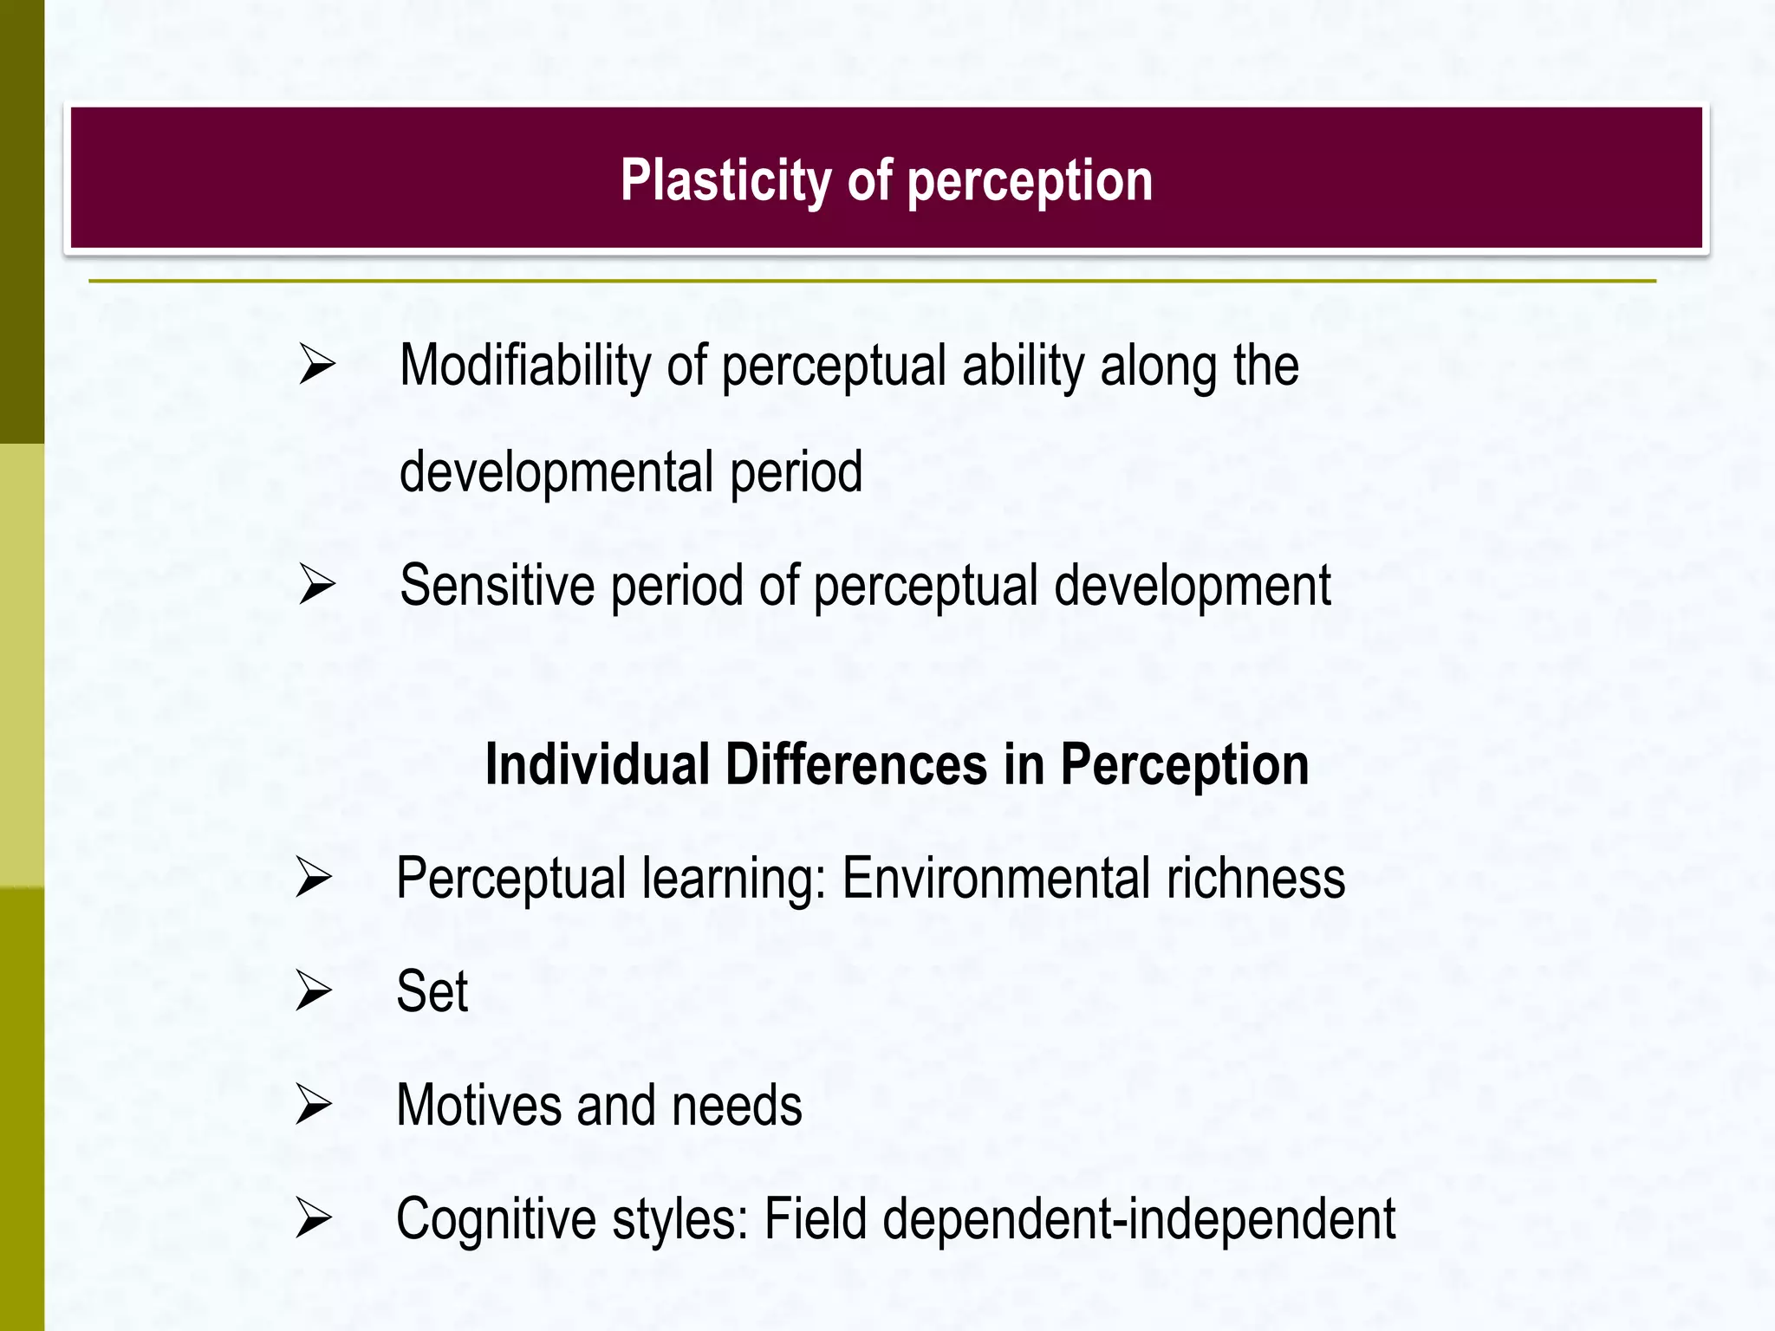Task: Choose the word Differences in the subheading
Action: coord(855,765)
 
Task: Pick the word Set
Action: coord(432,991)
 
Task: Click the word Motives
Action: coord(478,1106)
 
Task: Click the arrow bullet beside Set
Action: coord(313,990)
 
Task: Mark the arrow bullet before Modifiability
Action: coord(316,364)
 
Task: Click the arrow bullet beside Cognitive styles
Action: coord(313,1217)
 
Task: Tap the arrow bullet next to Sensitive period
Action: coord(316,584)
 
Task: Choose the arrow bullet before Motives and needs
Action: coord(313,1104)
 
